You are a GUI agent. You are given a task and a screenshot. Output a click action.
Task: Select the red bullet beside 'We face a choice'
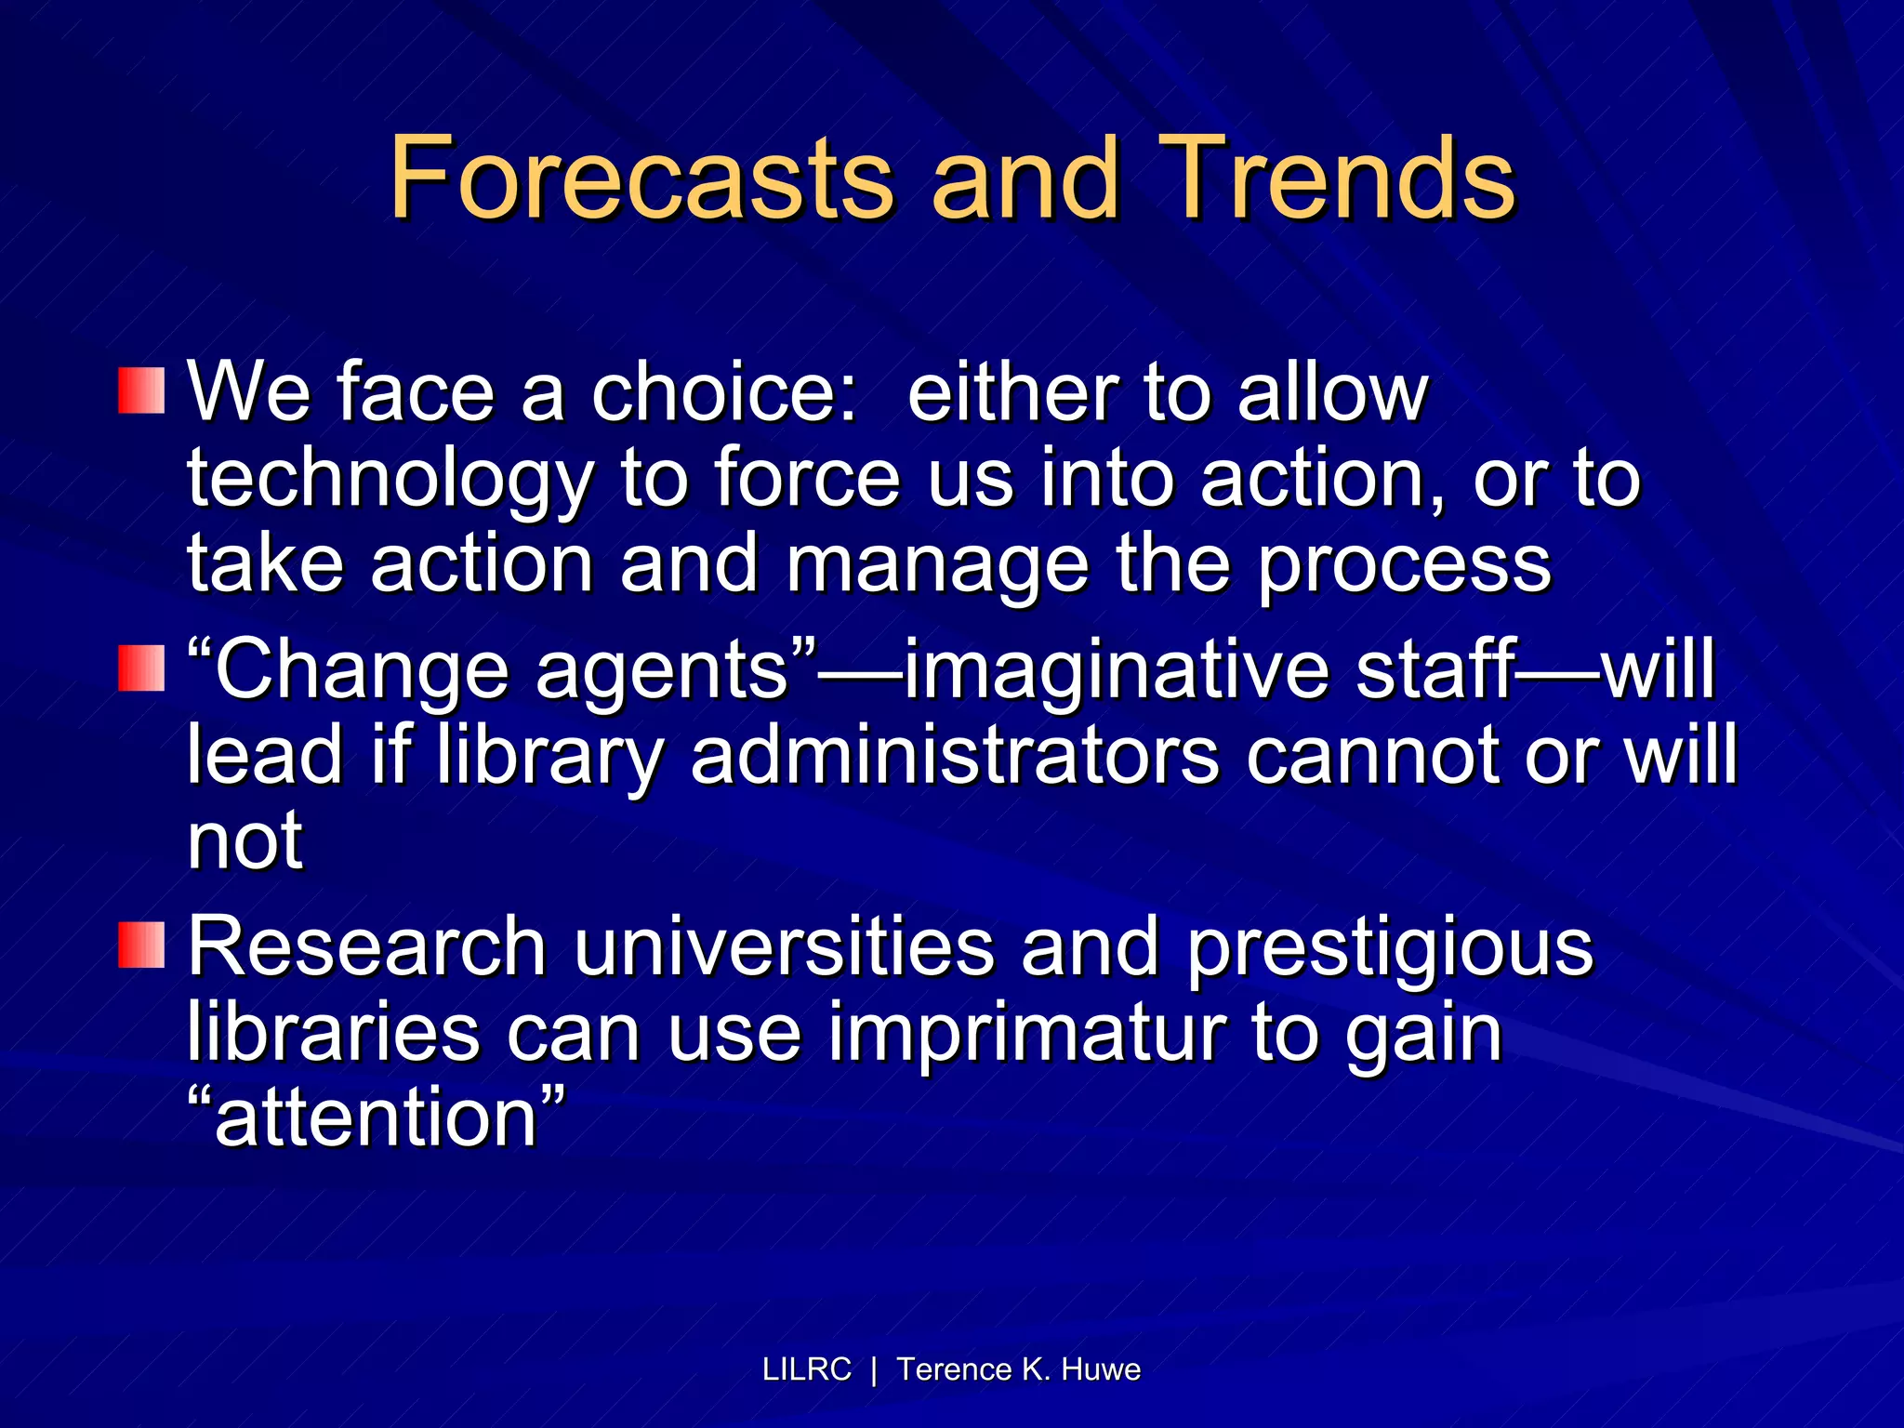141,390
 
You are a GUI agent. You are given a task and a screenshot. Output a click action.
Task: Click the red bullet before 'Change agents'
141,668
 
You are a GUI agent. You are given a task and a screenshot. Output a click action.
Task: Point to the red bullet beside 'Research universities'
141,945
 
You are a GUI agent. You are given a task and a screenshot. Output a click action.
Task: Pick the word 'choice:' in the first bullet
723,392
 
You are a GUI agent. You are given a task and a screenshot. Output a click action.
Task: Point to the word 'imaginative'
1116,671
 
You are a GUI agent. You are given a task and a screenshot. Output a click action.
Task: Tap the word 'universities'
783,946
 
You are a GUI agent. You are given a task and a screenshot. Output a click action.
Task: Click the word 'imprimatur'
1026,1034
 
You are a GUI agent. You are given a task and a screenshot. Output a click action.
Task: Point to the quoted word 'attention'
377,1117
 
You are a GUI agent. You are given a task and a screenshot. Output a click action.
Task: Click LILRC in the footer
806,1369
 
